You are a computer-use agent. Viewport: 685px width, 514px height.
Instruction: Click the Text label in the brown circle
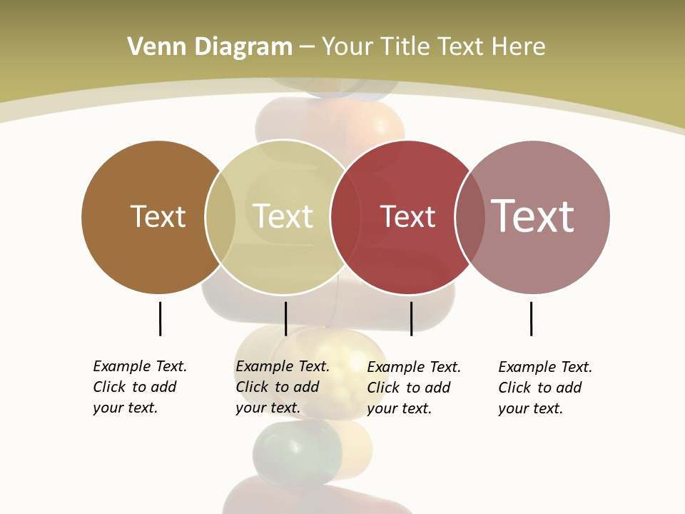158,216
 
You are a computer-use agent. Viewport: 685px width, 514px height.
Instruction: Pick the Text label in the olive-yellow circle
283,216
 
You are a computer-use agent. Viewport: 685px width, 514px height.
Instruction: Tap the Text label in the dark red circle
407,217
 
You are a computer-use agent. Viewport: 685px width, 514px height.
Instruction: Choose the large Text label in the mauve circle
532,216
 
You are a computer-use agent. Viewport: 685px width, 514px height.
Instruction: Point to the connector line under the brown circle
160,318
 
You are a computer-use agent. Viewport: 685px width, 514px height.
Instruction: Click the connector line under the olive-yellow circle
285,318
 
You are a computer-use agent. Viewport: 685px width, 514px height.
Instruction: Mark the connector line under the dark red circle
411,318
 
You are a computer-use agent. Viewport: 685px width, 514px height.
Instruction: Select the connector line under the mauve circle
531,318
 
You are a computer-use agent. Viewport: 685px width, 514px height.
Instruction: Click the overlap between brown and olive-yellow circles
220,217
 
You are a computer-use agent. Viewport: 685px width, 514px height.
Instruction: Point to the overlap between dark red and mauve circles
470,217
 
